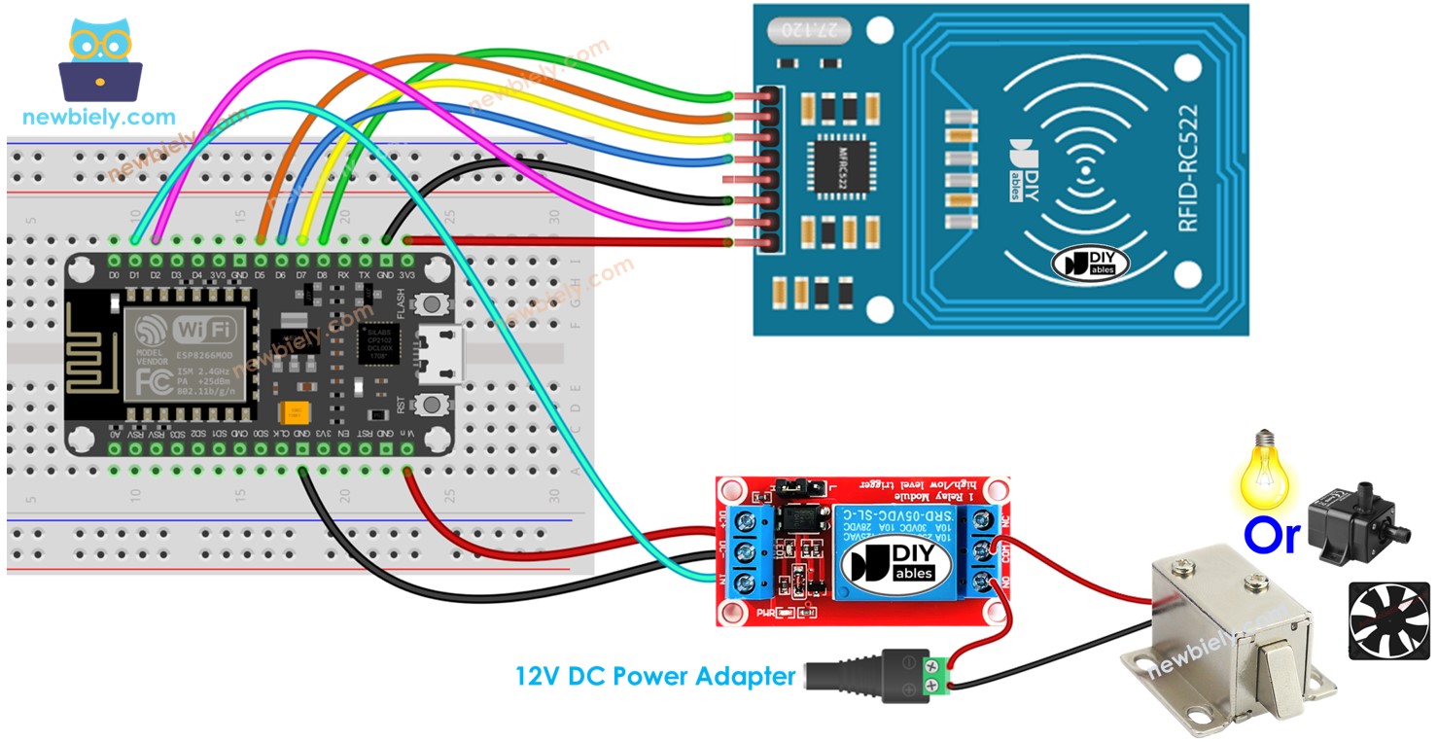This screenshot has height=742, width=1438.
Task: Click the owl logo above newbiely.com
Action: pos(100,59)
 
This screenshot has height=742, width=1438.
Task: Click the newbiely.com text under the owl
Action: pos(100,118)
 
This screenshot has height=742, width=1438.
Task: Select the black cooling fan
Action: pos(1388,621)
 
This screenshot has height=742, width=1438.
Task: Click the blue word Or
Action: pos(1271,536)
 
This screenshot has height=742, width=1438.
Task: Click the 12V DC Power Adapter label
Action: pos(655,676)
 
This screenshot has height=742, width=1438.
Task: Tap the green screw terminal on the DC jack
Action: pos(936,677)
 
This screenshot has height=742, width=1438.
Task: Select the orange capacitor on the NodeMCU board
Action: pos(291,413)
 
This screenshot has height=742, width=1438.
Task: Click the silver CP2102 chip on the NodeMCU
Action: pos(378,344)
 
